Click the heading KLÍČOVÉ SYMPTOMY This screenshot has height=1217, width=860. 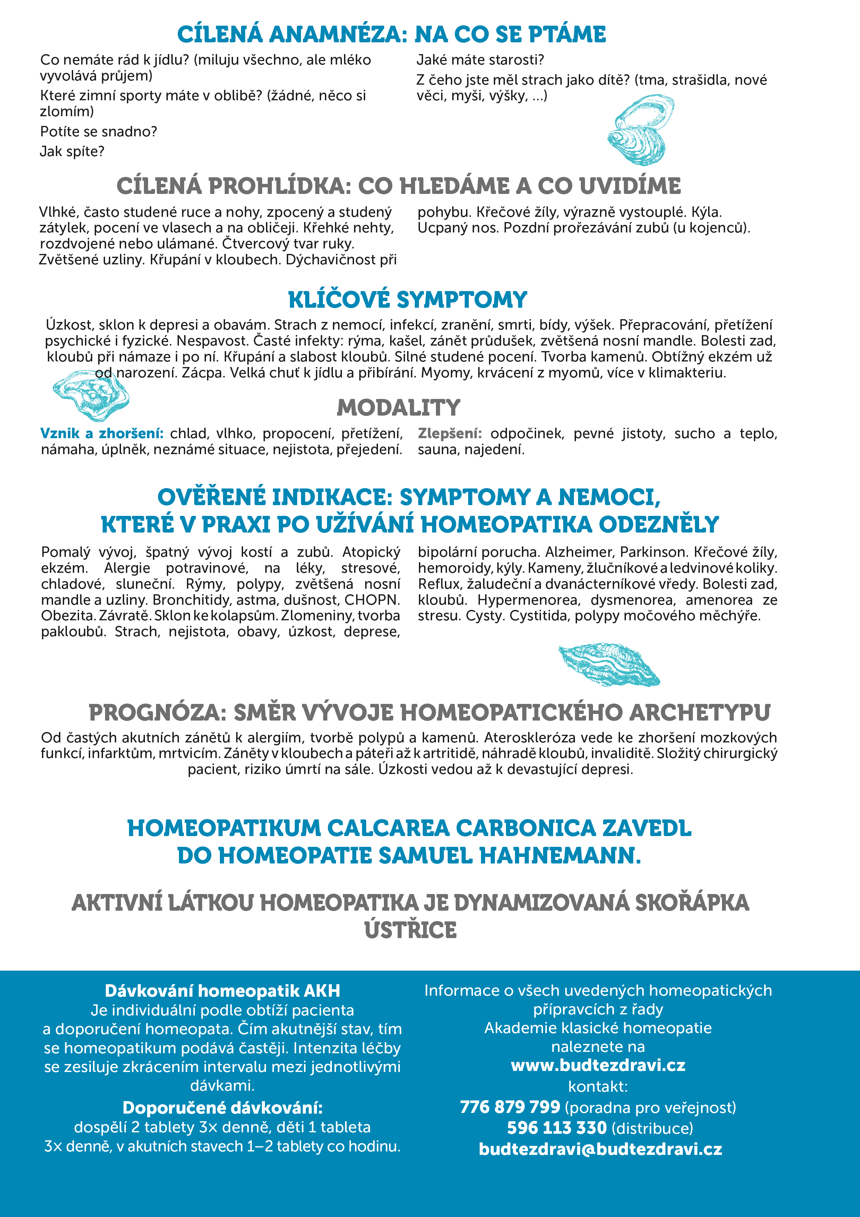pyautogui.click(x=407, y=299)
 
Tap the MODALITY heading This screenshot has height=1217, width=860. pyautogui.click(x=398, y=408)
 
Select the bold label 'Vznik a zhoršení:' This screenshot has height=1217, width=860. pyautogui.click(x=102, y=434)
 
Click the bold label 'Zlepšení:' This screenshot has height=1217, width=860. pyautogui.click(x=449, y=434)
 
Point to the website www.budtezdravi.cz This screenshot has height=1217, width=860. pyautogui.click(x=598, y=1065)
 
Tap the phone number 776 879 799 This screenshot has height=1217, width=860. pyautogui.click(x=510, y=1107)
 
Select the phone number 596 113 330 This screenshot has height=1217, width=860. pyautogui.click(x=556, y=1128)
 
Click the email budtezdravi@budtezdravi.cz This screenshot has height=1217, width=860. pyautogui.click(x=600, y=1149)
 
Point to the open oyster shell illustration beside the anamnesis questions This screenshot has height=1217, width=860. pyautogui.click(x=639, y=130)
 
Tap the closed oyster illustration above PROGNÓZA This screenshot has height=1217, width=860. pyautogui.click(x=609, y=664)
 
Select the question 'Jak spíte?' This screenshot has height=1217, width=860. pyautogui.click(x=72, y=152)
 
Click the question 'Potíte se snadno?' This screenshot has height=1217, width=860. pyautogui.click(x=98, y=131)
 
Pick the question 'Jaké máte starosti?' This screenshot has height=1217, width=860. pyautogui.click(x=480, y=60)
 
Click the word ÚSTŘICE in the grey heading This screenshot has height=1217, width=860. pyautogui.click(x=410, y=930)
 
